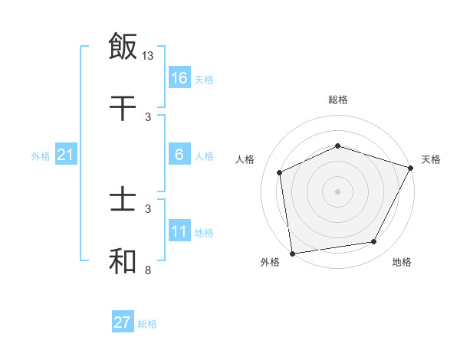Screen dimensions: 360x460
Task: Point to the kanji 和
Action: click(123, 260)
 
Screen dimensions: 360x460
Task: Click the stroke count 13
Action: click(149, 55)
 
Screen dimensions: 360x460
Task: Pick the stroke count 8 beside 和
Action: click(147, 270)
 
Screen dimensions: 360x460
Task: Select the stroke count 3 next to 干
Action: click(147, 116)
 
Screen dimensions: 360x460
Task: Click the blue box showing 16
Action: click(179, 77)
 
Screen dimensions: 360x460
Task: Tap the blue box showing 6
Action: click(179, 155)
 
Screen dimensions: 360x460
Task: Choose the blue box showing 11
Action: click(179, 231)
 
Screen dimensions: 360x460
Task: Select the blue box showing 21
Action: click(66, 155)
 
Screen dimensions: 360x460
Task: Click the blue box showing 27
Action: click(123, 322)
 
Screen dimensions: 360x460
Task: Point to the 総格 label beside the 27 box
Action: click(147, 324)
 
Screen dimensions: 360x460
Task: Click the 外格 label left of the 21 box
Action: click(41, 156)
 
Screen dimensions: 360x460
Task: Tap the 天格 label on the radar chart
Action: click(431, 159)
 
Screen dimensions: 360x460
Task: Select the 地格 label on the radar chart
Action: click(402, 263)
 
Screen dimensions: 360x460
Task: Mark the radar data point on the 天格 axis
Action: click(411, 168)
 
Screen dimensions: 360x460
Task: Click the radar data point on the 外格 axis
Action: click(292, 253)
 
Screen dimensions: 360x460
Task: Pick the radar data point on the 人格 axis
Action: click(280, 172)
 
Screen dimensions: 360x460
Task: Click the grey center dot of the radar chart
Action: click(337, 191)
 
